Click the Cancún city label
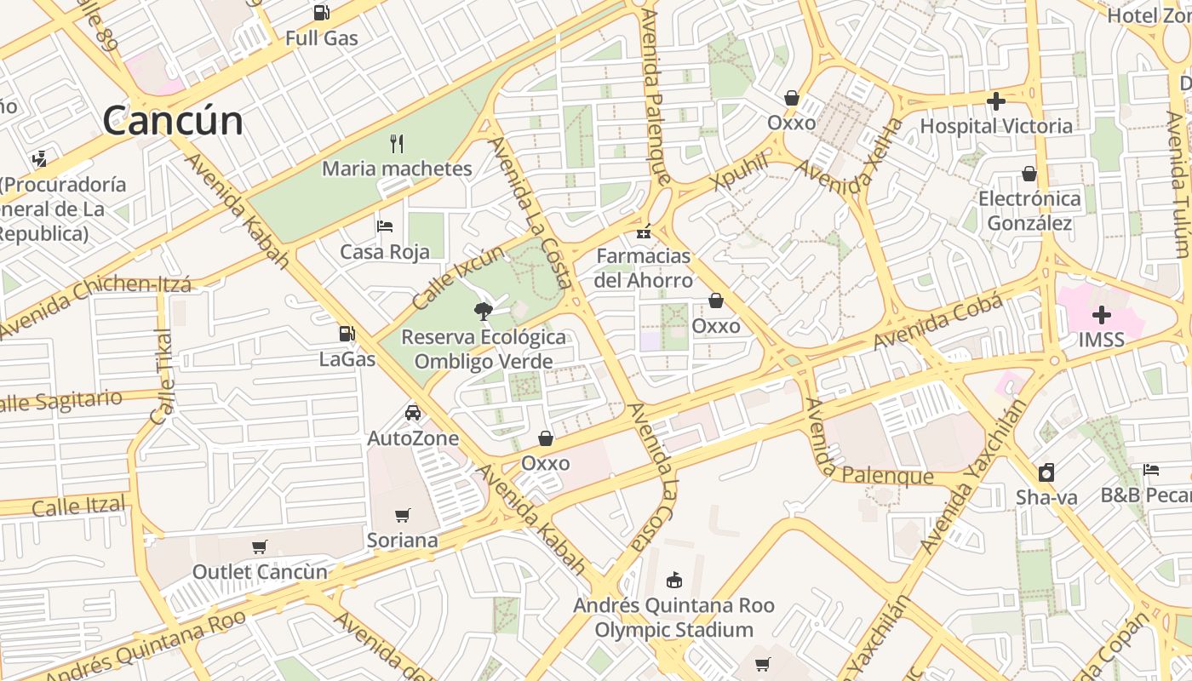coord(173,121)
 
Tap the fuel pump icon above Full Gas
coord(321,12)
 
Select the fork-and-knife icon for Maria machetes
coord(396,143)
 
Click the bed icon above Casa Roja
coord(385,226)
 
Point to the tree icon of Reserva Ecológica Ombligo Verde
coord(484,311)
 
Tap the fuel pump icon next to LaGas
coord(347,334)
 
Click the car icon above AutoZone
coord(413,413)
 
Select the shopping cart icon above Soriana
coord(402,515)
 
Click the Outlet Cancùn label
coord(260,571)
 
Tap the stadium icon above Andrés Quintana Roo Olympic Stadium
coord(673,580)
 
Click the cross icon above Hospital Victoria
coord(995,101)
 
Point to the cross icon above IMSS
coord(1101,315)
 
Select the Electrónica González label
coord(1029,210)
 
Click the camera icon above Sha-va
coord(1046,472)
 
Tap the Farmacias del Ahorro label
coord(644,267)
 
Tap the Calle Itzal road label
coord(78,506)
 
